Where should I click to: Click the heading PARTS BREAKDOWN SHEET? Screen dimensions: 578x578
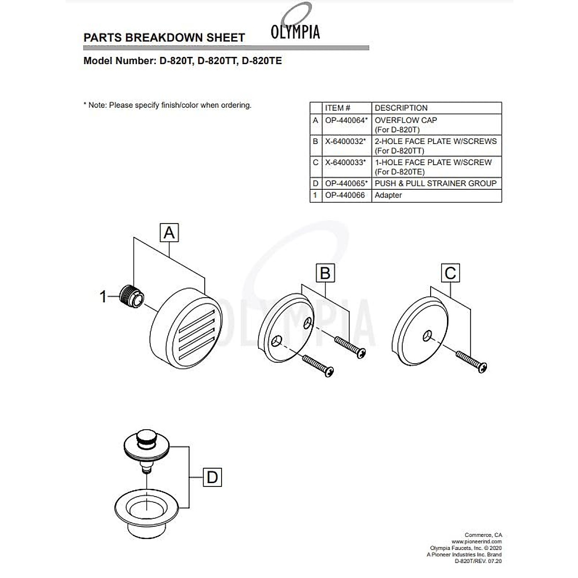164,38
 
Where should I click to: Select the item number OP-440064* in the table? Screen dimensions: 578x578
346,120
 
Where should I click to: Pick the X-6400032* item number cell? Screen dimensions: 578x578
345,142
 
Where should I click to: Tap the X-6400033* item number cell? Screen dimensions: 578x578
345,163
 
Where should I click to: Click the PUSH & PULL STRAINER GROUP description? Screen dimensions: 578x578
435,184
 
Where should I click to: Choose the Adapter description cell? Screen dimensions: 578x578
388,196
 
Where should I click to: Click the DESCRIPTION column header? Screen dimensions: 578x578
401,108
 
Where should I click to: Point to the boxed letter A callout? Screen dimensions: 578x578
169,233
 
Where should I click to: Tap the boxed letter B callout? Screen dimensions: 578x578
325,274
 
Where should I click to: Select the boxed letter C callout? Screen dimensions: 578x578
450,274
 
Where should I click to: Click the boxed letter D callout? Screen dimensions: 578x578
212,478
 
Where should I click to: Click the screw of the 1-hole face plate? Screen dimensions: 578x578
472,362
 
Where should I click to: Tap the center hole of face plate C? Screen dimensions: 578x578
427,335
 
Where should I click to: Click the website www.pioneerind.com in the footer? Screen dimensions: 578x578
476,541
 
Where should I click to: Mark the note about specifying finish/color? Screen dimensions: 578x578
167,105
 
